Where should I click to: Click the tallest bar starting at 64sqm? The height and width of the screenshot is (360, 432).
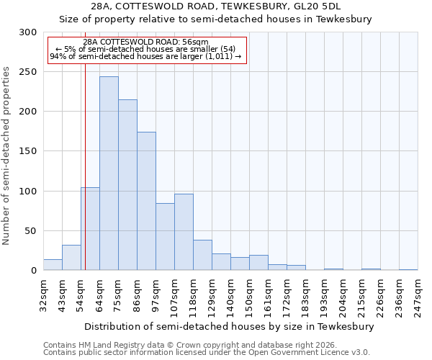(x=109, y=173)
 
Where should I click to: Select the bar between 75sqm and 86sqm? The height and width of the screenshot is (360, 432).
(x=127, y=184)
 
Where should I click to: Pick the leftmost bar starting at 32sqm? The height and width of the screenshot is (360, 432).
(x=53, y=264)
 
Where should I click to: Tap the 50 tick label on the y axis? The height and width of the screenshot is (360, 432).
(x=31, y=231)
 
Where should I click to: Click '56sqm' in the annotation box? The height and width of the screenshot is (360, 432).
(x=195, y=42)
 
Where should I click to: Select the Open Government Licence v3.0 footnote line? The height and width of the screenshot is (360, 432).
(x=207, y=352)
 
